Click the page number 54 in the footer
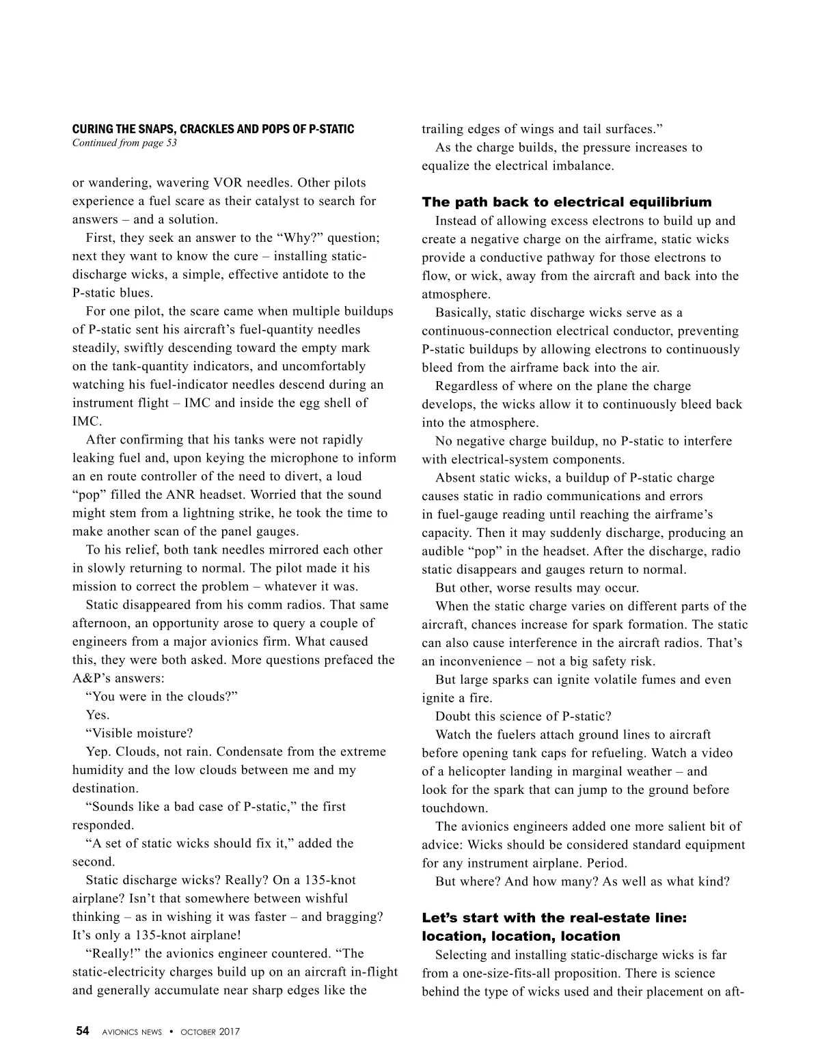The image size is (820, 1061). tap(82, 1032)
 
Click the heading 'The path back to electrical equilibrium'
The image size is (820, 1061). tap(566, 202)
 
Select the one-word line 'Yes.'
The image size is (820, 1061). tap(98, 715)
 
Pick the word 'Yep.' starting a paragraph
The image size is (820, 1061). tap(99, 752)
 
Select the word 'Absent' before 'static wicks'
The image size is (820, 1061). tap(455, 478)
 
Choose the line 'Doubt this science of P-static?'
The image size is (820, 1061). tap(523, 717)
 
